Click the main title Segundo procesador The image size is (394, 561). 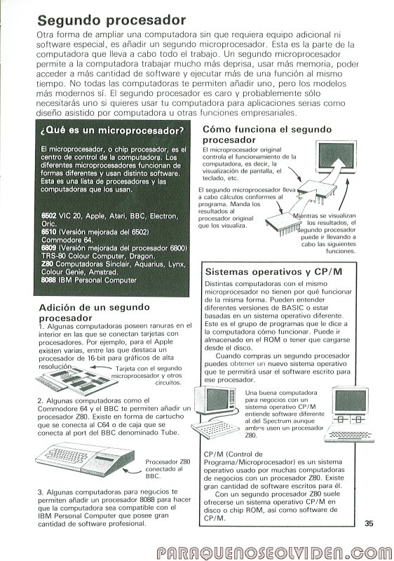[111, 20]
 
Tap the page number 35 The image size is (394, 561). [369, 523]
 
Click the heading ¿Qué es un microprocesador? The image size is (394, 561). [112, 130]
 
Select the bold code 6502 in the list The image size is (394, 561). [48, 216]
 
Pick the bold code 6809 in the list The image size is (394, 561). [48, 248]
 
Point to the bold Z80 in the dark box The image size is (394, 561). [47, 264]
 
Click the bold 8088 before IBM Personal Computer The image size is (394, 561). [48, 280]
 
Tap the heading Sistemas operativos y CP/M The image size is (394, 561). [274, 272]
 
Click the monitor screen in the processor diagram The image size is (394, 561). [336, 156]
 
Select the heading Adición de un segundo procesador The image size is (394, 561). [95, 312]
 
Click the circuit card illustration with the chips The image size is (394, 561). [77, 379]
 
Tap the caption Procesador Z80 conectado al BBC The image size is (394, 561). [168, 468]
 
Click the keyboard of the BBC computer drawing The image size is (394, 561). [67, 457]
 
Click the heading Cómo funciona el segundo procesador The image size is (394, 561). [267, 135]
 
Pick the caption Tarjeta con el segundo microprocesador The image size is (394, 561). [147, 372]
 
